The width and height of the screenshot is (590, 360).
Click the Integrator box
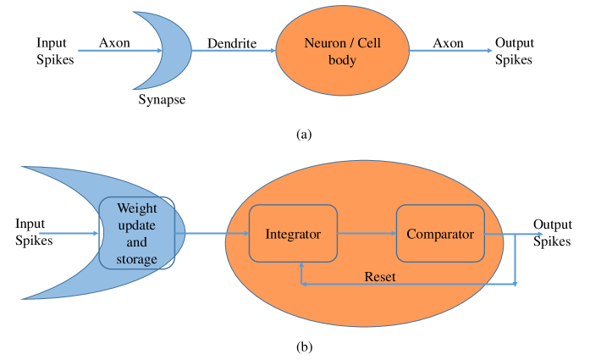coord(293,233)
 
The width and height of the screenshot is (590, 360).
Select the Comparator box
coord(440,233)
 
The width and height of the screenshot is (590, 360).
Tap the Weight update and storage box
coord(137,233)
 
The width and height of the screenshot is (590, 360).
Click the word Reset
coord(379,277)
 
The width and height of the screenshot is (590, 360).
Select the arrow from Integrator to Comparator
coord(367,233)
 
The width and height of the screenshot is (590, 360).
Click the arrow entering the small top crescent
coord(110,51)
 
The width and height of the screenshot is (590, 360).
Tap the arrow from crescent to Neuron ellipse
coord(233,51)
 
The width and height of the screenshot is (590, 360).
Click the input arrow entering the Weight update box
coord(68,233)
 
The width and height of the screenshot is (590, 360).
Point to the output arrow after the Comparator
coord(529,233)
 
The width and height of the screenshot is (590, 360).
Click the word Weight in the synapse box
coord(137,208)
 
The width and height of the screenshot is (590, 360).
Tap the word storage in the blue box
coord(137,259)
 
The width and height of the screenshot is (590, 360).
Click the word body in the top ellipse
coord(342,60)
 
